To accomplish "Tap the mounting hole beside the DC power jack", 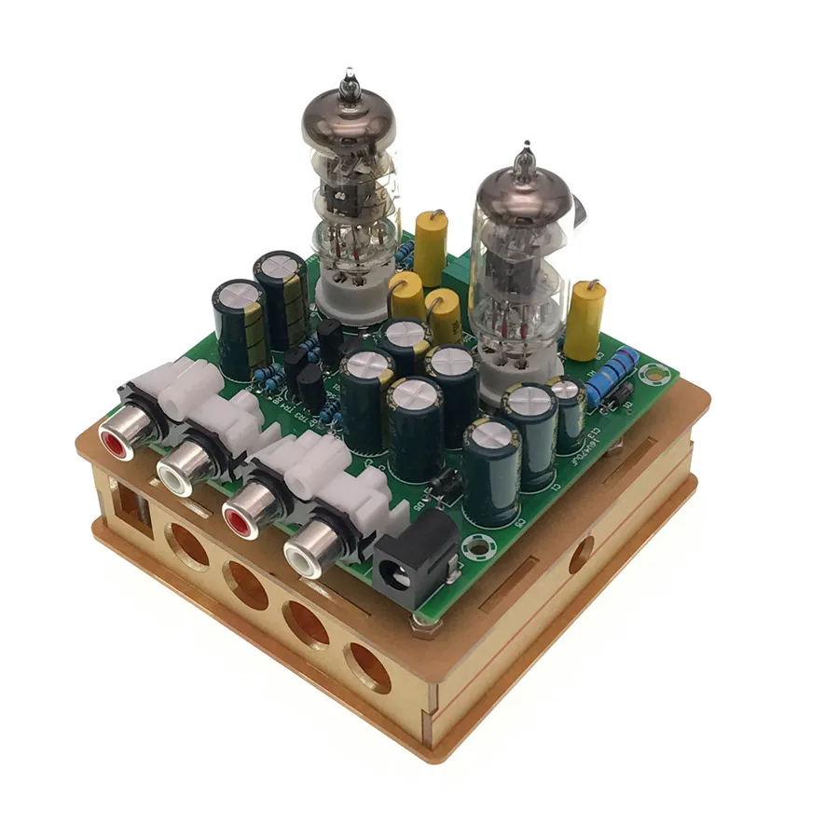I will (x=482, y=548).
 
